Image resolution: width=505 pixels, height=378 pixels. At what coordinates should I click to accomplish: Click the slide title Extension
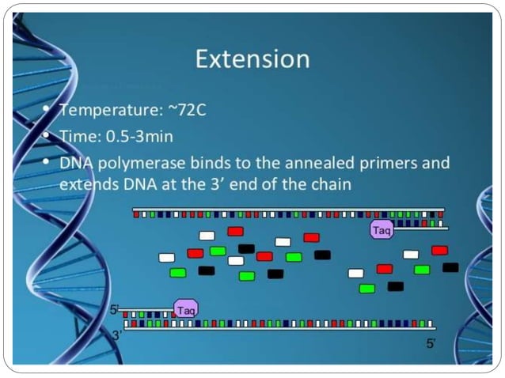(252, 59)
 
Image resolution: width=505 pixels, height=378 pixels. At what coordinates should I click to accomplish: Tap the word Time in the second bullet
(75, 136)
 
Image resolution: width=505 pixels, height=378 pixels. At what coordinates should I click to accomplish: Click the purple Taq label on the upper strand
(382, 229)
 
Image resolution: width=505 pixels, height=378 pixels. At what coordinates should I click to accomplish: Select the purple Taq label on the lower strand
(186, 309)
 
